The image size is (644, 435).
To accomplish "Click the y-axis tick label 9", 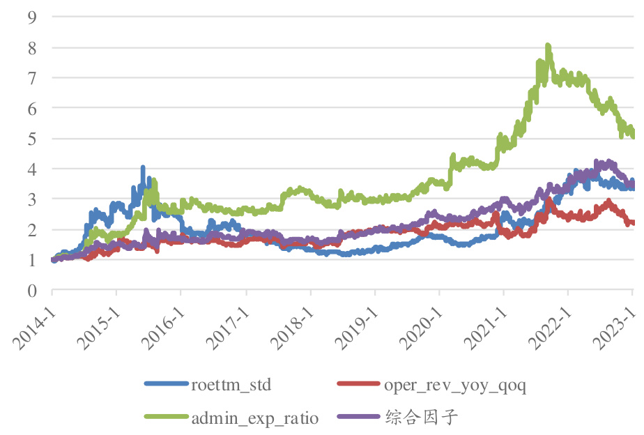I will (x=31, y=18).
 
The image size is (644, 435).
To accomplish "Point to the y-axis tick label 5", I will (x=31, y=139).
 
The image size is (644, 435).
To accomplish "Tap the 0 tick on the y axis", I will (x=31, y=290).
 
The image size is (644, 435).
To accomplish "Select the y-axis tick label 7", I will (x=31, y=78).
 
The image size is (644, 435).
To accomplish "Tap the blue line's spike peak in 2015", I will (x=143, y=168).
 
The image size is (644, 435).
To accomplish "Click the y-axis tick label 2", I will (x=31, y=229).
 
